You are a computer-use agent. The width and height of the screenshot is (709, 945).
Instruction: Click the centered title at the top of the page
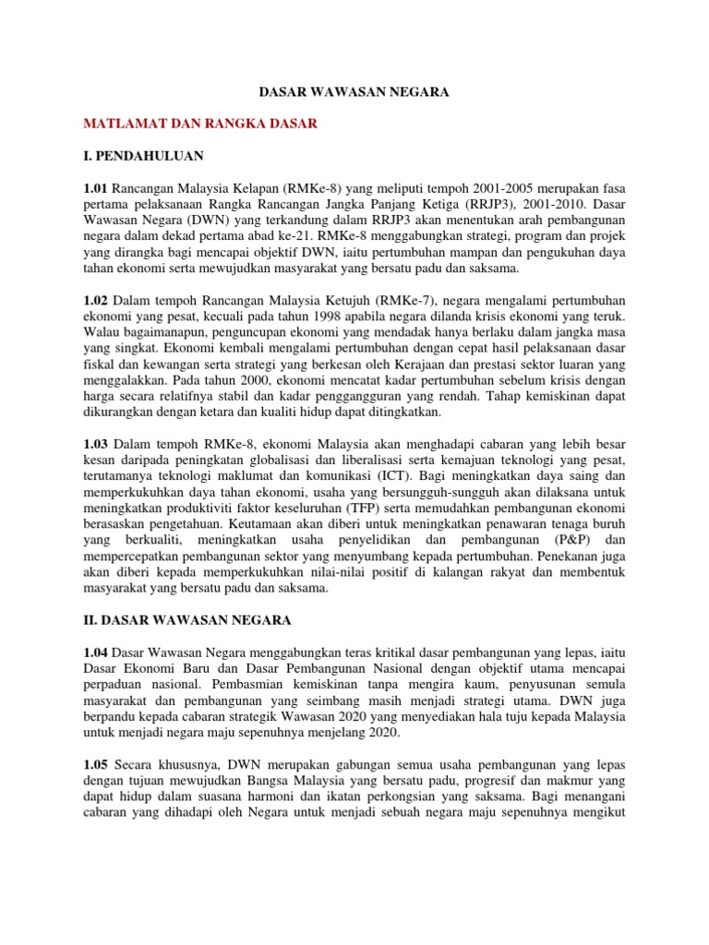click(354, 93)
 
